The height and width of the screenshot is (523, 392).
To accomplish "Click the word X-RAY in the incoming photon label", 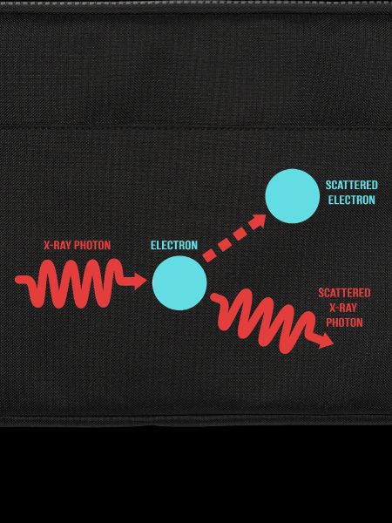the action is (57, 245).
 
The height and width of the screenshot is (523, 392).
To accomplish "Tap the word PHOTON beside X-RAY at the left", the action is (92, 245).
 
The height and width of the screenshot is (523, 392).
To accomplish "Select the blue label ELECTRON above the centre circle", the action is (174, 245).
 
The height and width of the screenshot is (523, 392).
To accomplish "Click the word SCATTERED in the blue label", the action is (352, 185).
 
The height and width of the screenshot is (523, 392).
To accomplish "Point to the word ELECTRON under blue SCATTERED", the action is (352, 200).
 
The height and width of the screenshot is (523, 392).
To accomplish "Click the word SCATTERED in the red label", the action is (344, 293).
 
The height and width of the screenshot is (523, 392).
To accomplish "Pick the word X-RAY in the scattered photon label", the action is (343, 308).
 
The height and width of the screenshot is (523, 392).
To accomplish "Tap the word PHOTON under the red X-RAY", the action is (344, 323).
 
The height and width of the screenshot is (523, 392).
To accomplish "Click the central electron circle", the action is (179, 282).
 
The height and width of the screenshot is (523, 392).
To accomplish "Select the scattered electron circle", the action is (293, 196).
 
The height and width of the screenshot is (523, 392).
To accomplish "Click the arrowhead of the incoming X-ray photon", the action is (140, 281).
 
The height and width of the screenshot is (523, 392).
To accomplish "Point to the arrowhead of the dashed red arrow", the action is (258, 221).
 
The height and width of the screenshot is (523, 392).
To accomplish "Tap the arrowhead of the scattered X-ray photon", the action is (325, 341).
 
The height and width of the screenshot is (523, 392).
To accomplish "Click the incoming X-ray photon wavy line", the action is (80, 283).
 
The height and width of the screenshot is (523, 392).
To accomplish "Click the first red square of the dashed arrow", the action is (209, 256).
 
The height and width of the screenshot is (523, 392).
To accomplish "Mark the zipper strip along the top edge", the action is (196, 2).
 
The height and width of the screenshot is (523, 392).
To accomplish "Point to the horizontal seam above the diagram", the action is (196, 127).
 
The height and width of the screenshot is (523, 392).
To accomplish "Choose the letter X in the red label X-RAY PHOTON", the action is (47, 245).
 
